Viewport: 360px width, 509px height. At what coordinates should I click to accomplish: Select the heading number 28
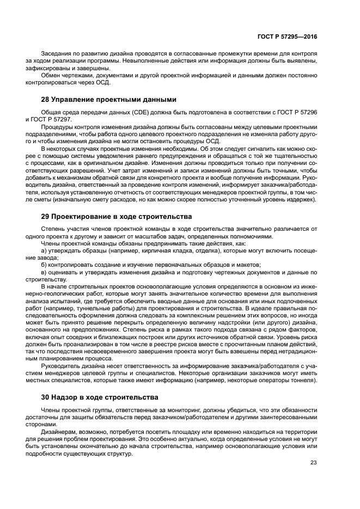click(46, 100)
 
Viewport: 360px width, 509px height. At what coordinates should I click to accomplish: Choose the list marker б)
click(44, 265)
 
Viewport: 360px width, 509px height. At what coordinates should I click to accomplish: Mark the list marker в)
click(44, 272)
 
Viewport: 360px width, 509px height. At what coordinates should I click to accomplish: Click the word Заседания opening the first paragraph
click(57, 55)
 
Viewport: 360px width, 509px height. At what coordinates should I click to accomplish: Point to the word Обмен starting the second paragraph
click(51, 75)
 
